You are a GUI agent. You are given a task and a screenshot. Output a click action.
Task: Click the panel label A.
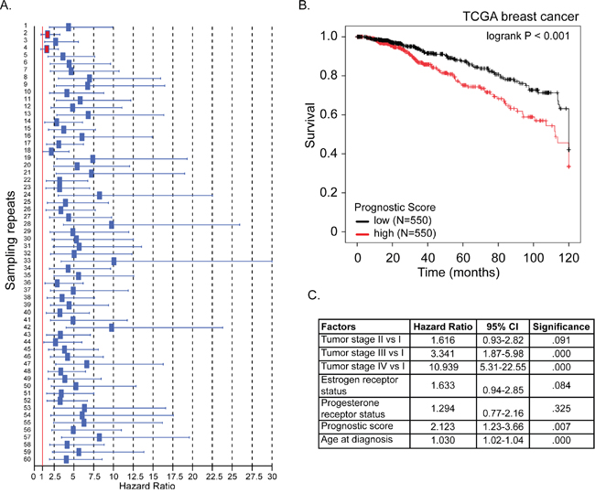(7, 7)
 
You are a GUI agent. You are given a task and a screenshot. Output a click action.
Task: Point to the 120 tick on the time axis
(569, 259)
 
